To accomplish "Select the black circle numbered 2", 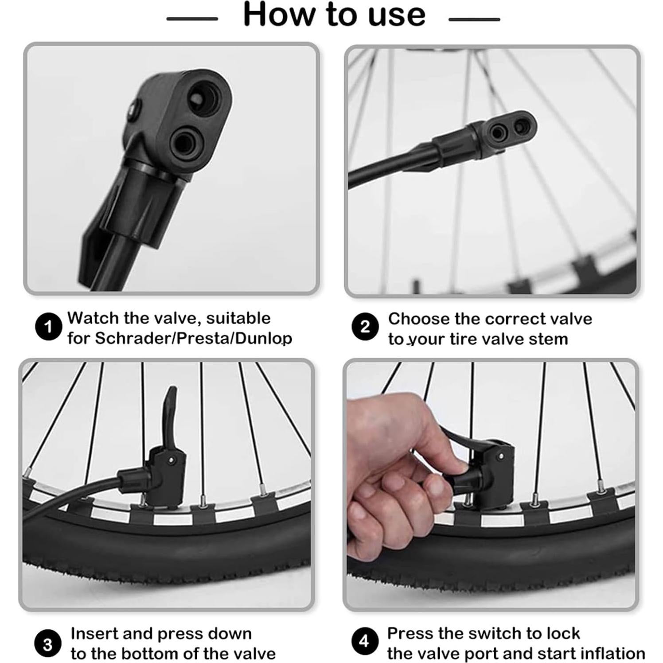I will (x=365, y=327).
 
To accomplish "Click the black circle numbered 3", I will (x=47, y=644).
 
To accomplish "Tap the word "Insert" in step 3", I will (x=94, y=634).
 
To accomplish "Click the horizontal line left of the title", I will (x=192, y=19).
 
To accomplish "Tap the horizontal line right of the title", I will (x=474, y=19).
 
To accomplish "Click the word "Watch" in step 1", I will (x=93, y=318).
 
